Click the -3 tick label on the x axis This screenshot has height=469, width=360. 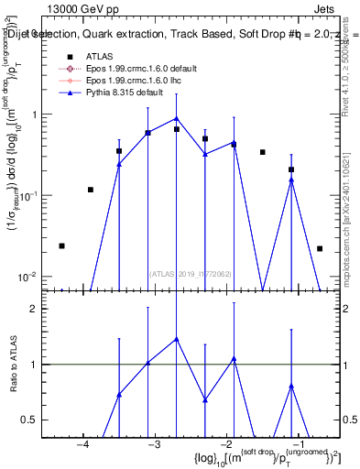[x=155, y=445]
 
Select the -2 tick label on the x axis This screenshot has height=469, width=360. [x=226, y=445]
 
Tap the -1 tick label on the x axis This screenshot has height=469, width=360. [x=297, y=445]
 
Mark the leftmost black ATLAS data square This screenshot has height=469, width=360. [x=61, y=245]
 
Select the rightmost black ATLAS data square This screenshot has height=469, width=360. [x=320, y=248]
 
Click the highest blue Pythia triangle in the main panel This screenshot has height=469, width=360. [x=177, y=118]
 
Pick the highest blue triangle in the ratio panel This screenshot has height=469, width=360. [x=177, y=339]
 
